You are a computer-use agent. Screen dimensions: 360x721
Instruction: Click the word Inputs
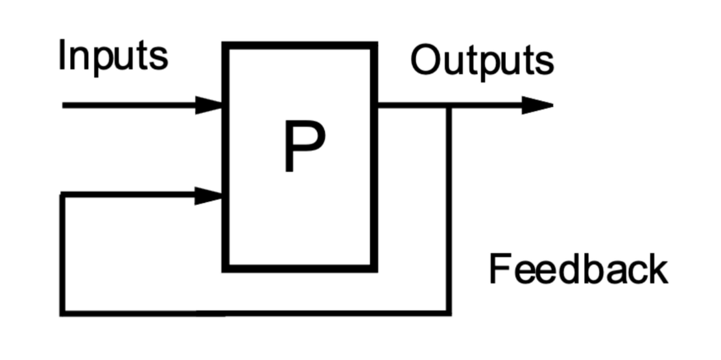pyautogui.click(x=113, y=56)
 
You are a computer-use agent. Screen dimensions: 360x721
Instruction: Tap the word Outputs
pyautogui.click(x=482, y=62)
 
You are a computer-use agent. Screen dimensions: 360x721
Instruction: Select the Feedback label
pyautogui.click(x=578, y=269)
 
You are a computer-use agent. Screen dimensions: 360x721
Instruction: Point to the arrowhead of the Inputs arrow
pyautogui.click(x=209, y=104)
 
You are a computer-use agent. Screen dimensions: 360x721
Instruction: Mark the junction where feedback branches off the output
pyautogui.click(x=448, y=105)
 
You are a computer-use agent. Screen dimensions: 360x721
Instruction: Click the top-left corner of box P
pyautogui.click(x=226, y=45)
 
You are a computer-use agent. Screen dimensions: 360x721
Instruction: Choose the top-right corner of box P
pyautogui.click(x=375, y=45)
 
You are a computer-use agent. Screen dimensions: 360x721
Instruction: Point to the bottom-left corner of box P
pyautogui.click(x=226, y=267)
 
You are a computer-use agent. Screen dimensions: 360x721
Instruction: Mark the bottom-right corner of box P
pyautogui.click(x=375, y=267)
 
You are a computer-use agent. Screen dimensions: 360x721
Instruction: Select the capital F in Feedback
pyautogui.click(x=500, y=269)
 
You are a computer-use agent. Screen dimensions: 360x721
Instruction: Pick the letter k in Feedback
pyautogui.click(x=656, y=269)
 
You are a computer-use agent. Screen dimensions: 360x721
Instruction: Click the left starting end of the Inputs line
pyautogui.click(x=64, y=104)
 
